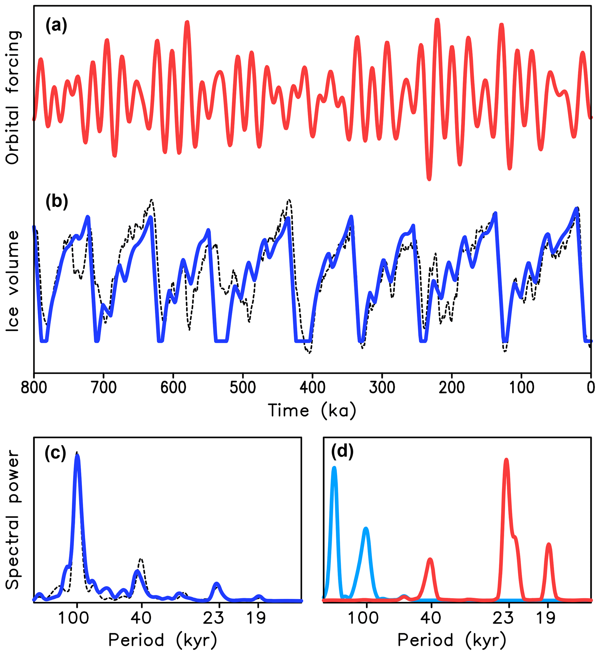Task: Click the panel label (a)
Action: pos(57,25)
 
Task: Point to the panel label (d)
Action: pos(343,451)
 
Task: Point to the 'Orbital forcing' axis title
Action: pos(13,98)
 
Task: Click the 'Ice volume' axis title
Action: pos(13,281)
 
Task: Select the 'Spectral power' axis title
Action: pos(13,520)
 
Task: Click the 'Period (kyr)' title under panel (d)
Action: pos(452,640)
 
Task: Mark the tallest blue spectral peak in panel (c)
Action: pos(77,457)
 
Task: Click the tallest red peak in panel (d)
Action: pos(506,460)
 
